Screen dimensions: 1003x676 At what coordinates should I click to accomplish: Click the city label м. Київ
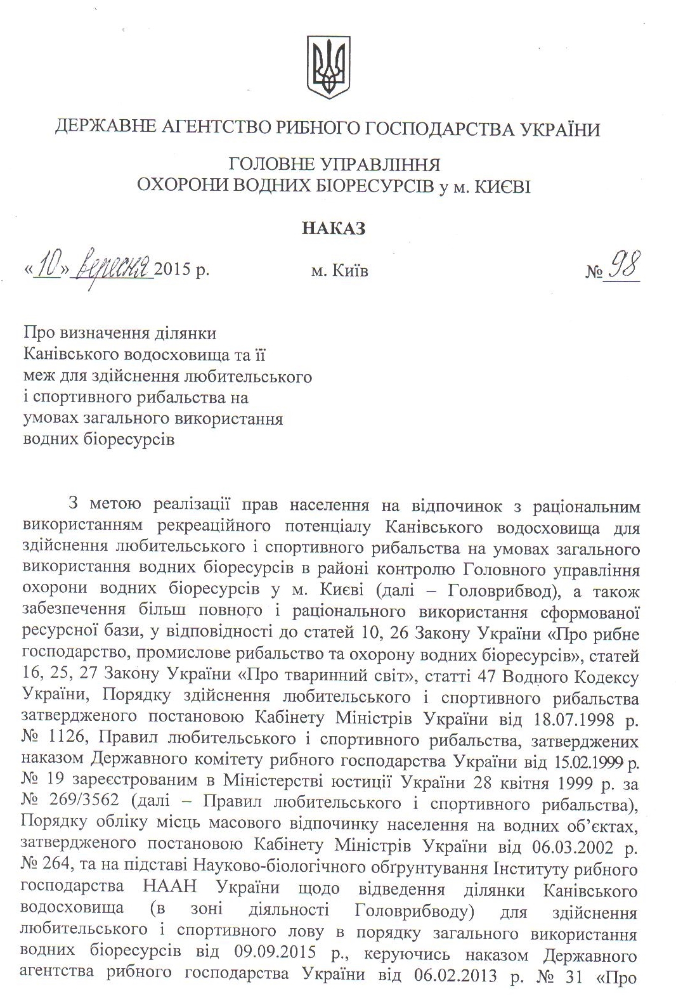click(339, 271)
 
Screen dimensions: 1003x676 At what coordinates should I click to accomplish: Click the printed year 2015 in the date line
click(172, 271)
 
